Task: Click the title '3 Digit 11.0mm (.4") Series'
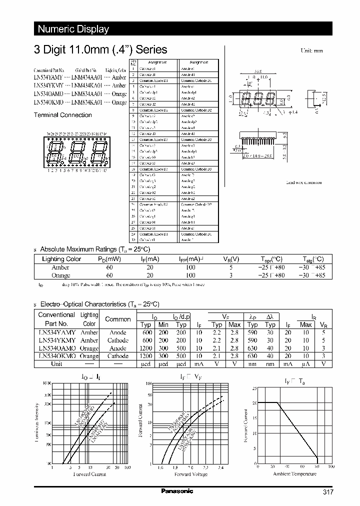tap(100, 50)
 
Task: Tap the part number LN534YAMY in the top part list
tap(48, 77)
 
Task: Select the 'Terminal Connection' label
tap(62, 115)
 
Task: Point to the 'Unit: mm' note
tap(312, 51)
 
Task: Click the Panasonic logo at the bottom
tap(177, 491)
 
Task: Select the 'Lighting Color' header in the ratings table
tap(61, 259)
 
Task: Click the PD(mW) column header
tap(109, 259)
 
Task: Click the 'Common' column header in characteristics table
tap(118, 319)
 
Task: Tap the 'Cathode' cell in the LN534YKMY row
tap(118, 340)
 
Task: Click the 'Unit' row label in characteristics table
tap(56, 363)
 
